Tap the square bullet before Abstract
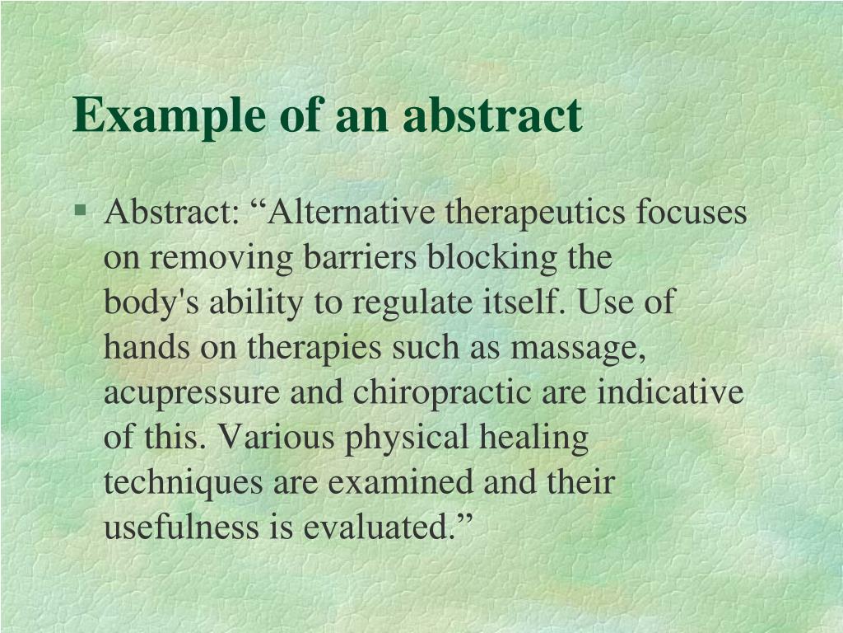pos(80,209)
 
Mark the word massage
pos(577,348)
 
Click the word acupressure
pos(191,392)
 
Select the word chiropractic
pos(442,392)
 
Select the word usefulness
pos(180,527)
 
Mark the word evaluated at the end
pos(380,527)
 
